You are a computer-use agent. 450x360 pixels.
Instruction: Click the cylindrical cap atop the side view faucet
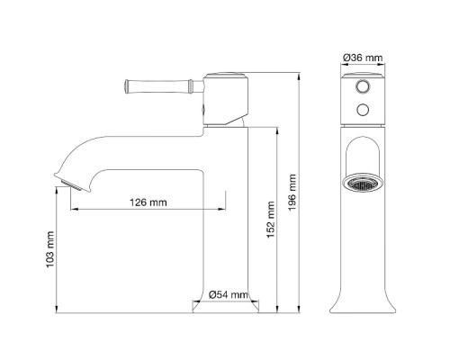click(x=227, y=79)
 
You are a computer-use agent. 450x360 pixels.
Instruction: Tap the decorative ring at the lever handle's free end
click(x=129, y=86)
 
